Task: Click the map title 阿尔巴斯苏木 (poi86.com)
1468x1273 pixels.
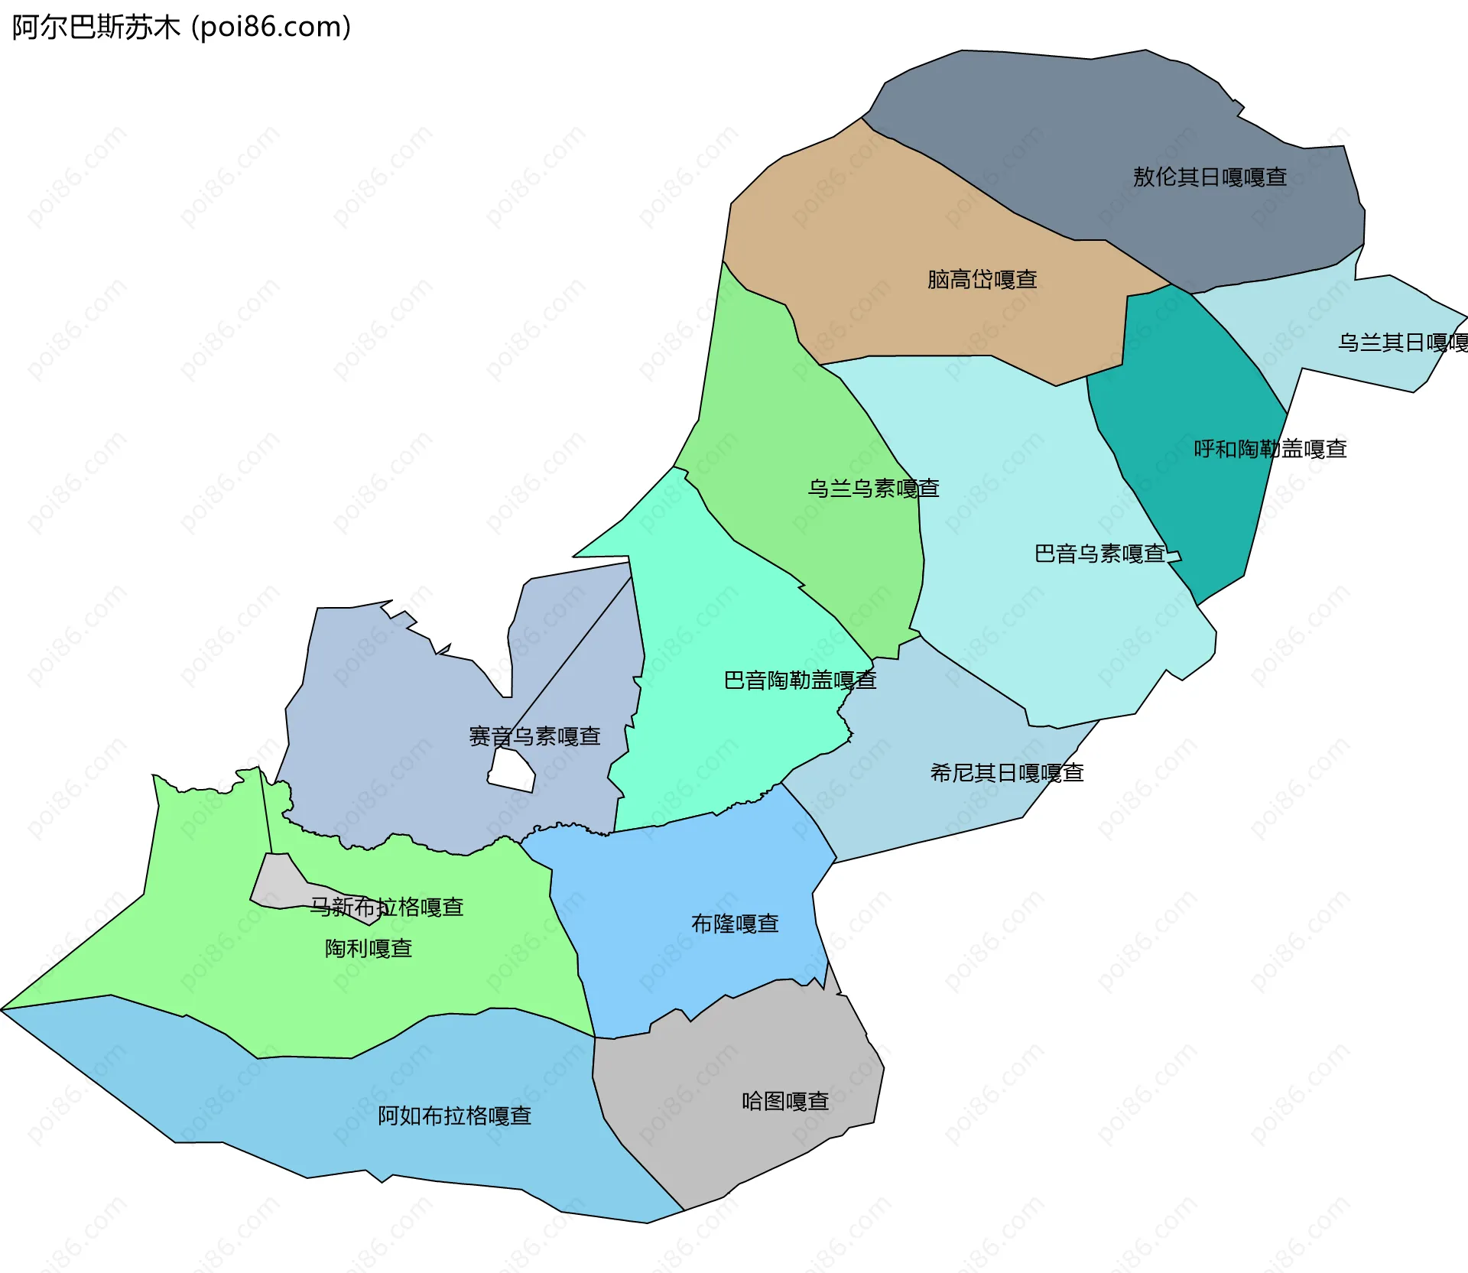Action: [x=181, y=28]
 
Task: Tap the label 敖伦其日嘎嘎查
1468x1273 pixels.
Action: [x=1210, y=177]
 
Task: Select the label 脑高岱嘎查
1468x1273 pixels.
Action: [x=982, y=280]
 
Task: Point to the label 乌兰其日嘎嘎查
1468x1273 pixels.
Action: [x=1402, y=343]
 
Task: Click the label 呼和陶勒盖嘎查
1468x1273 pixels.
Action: [x=1270, y=449]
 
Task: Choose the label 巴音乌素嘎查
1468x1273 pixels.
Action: [x=1099, y=554]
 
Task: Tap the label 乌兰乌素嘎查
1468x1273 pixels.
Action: [x=873, y=489]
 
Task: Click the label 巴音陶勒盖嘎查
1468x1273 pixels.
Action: [x=800, y=680]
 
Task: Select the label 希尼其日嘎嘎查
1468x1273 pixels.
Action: [x=1007, y=773]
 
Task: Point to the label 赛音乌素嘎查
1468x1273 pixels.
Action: [x=534, y=736]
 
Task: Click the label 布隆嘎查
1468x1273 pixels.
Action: [x=735, y=924]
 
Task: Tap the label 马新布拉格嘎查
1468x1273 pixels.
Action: [x=387, y=907]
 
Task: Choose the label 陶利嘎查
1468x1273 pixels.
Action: [x=369, y=949]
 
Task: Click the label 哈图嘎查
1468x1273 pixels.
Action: [x=785, y=1102]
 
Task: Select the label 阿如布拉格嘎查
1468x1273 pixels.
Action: [x=455, y=1116]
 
